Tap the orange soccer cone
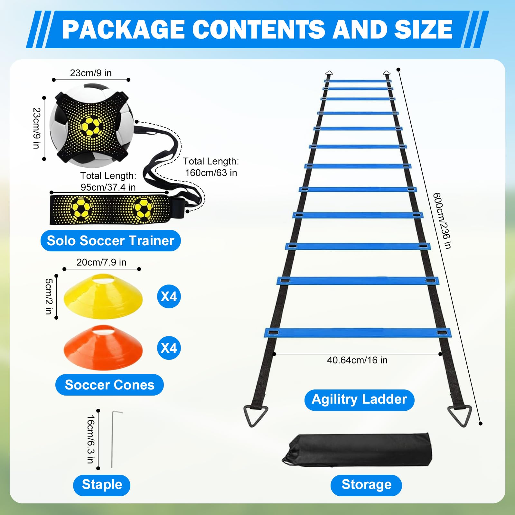pos(103,348)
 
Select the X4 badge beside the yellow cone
pos(169,296)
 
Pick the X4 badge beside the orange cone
pos(169,348)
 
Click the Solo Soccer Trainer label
pos(110,240)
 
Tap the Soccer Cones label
pos(109,385)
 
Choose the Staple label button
pos(102,485)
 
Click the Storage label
pos(366,485)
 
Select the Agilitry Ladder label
pos(359,399)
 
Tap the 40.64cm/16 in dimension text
pos(357,360)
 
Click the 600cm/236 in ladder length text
pos(442,221)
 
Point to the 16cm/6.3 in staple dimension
pos(90,439)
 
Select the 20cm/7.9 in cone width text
pos(101,262)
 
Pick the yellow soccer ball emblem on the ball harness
pos(91,126)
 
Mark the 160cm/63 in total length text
pos(211,173)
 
